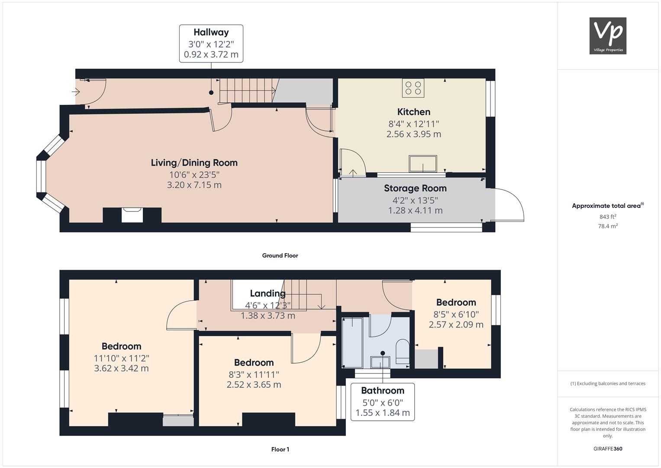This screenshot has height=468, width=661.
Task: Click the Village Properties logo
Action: click(608, 36)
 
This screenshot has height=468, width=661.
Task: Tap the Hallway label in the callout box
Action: click(211, 32)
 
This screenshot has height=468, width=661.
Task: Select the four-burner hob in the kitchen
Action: click(413, 88)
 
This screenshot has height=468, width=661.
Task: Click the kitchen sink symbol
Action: click(423, 163)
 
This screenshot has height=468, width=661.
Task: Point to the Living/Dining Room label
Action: click(194, 162)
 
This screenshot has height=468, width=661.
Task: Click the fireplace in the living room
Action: click(132, 215)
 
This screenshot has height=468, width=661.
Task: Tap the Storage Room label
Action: click(415, 188)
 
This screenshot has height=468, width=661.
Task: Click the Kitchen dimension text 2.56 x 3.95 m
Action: click(414, 134)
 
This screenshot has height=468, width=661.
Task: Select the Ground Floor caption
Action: click(280, 256)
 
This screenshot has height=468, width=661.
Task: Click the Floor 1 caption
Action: click(280, 449)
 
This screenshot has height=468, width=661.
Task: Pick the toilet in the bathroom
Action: click(402, 351)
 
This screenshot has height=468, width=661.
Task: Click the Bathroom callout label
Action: click(383, 390)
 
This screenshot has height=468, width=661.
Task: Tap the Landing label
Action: click(268, 293)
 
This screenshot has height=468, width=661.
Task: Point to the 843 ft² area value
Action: click(608, 217)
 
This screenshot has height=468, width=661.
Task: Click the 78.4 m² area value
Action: click(608, 226)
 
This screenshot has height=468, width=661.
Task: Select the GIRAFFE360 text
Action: click(608, 449)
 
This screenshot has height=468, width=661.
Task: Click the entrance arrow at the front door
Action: click(76, 92)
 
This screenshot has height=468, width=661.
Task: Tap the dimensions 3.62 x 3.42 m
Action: click(121, 368)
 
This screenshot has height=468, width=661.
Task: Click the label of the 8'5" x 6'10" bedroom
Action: click(456, 302)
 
